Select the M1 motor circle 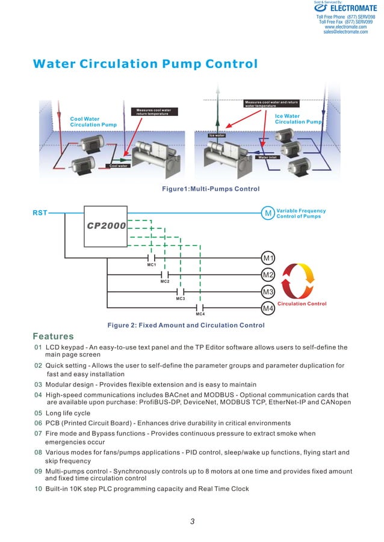click(x=268, y=258)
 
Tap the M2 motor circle click(x=268, y=275)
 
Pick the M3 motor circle click(x=268, y=292)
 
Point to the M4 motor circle click(x=268, y=308)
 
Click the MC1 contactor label click(x=152, y=265)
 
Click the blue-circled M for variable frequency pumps click(x=267, y=213)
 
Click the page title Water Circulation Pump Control click(x=145, y=64)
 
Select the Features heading click(x=53, y=336)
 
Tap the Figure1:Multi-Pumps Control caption click(x=211, y=189)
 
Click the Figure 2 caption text click(x=185, y=326)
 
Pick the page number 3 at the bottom click(x=192, y=521)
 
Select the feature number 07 click(x=38, y=433)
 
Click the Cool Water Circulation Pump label click(x=93, y=122)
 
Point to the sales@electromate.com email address click(x=345, y=32)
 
